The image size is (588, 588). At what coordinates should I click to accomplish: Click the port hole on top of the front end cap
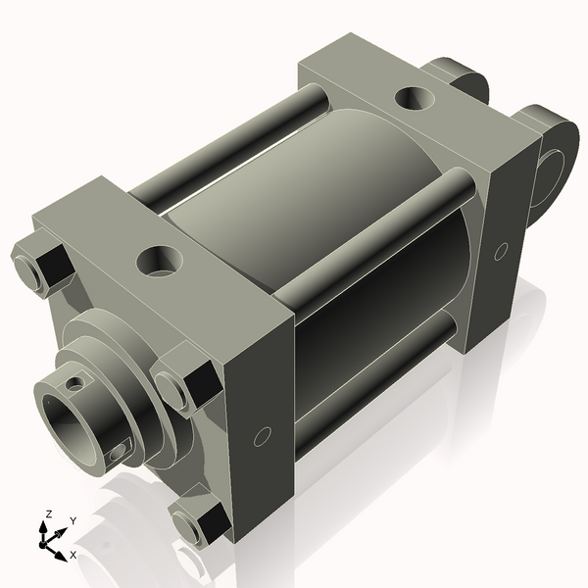158,260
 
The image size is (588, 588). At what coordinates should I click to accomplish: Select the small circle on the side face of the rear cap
501,252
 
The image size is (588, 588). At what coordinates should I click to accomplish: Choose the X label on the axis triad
73,555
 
